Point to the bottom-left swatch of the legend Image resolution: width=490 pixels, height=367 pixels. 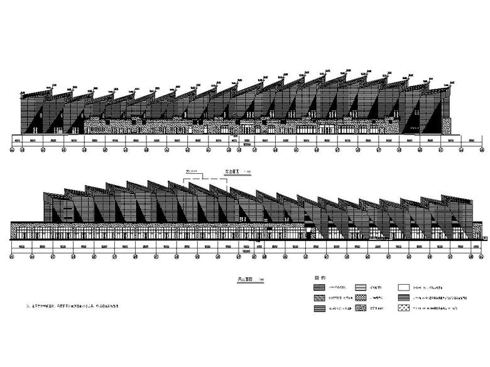tap(318, 309)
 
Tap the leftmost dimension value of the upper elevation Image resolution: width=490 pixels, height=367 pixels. tap(18, 141)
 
